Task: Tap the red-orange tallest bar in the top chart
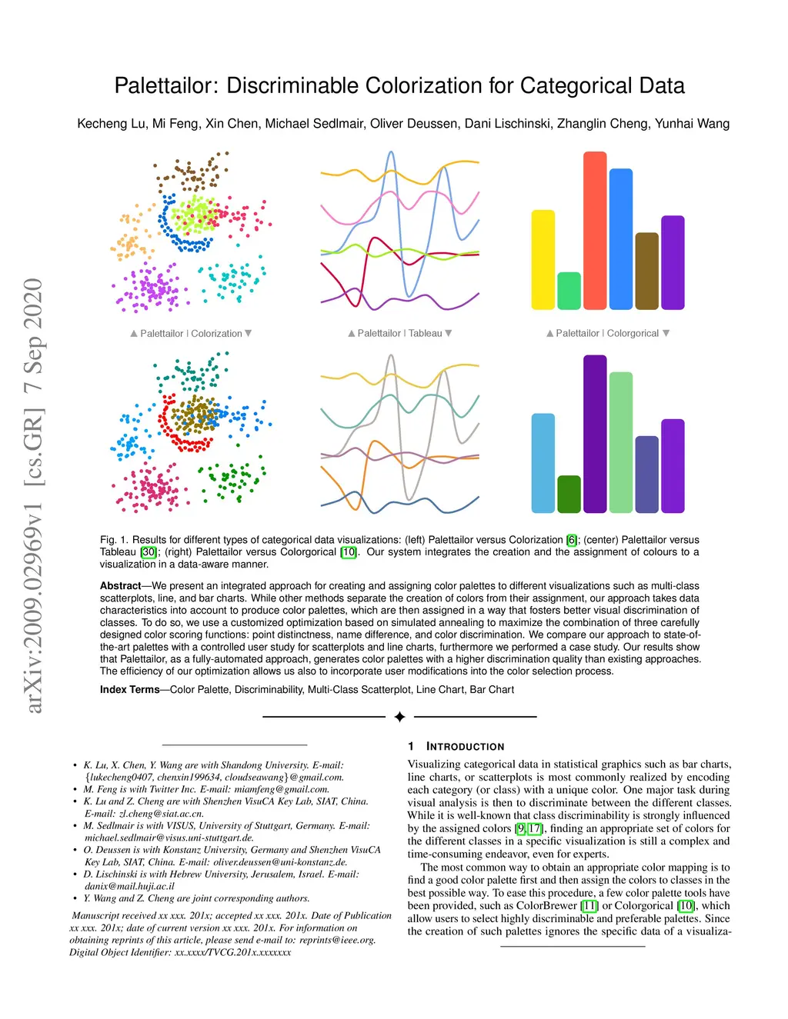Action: tap(595, 231)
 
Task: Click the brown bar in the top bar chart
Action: tap(646, 271)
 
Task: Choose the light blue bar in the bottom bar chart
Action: tap(543, 463)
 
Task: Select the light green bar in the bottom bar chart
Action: tap(620, 442)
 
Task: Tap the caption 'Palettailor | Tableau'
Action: tap(399, 334)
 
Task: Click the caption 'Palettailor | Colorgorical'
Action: tap(607, 334)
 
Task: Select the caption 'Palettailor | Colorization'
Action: tap(191, 334)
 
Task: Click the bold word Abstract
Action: tap(120, 586)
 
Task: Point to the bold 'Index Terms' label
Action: tap(129, 690)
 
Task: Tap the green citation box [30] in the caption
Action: tap(149, 552)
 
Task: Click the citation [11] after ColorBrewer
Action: tap(589, 906)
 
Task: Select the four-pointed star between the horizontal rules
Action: tap(399, 717)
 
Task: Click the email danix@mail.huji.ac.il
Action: tap(129, 886)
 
